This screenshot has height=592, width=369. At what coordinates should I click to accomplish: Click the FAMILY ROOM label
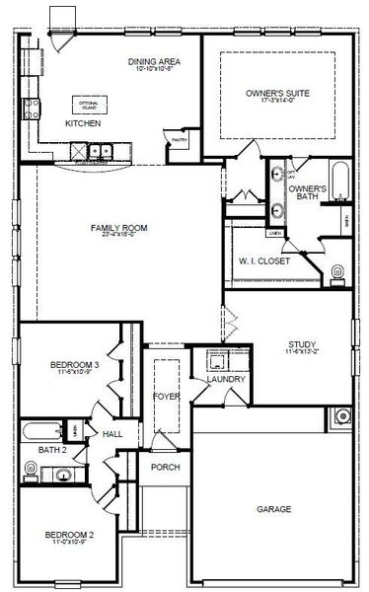[118, 228]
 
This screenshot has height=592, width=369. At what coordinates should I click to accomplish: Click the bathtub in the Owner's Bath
[338, 185]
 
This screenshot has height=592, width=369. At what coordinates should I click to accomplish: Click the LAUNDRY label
[219, 379]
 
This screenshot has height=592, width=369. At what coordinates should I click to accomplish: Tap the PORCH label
[165, 467]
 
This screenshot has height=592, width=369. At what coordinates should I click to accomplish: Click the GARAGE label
[274, 509]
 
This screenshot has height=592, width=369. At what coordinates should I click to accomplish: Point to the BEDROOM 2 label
[69, 535]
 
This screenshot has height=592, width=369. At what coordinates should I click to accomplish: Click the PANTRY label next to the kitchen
[178, 141]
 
